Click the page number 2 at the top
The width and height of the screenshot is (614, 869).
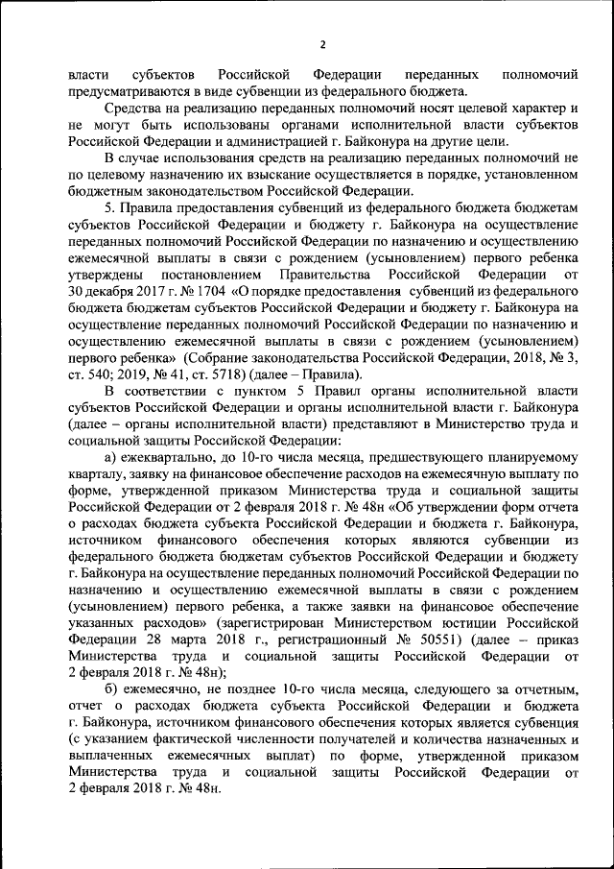323,45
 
